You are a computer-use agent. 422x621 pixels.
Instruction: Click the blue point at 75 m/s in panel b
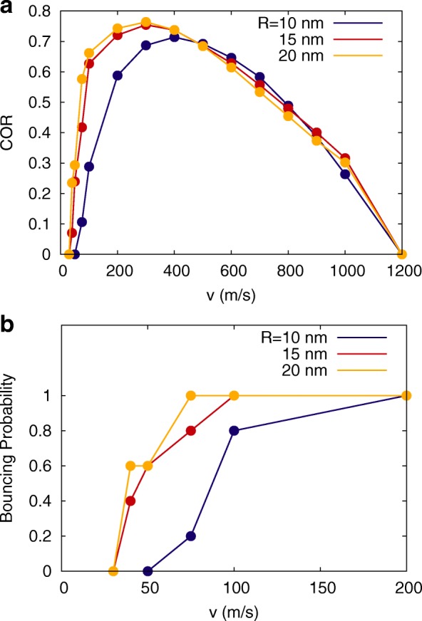point(191,536)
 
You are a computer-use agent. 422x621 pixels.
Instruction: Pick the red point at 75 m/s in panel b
point(191,430)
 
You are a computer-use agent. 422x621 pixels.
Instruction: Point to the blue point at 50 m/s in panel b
point(148,570)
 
